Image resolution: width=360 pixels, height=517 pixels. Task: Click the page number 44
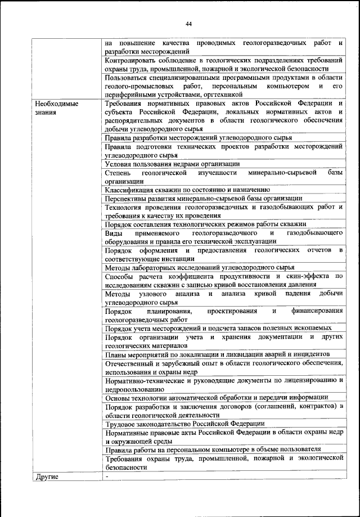[x=188, y=23]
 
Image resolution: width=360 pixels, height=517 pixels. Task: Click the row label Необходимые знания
[x=56, y=108]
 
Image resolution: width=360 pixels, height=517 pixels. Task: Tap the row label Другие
[x=47, y=477]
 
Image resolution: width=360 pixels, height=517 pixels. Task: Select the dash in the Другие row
[x=106, y=476]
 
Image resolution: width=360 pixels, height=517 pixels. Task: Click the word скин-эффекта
[x=308, y=276]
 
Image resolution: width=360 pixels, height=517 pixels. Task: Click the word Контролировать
[x=131, y=60]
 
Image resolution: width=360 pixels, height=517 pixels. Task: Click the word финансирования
[x=316, y=311]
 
